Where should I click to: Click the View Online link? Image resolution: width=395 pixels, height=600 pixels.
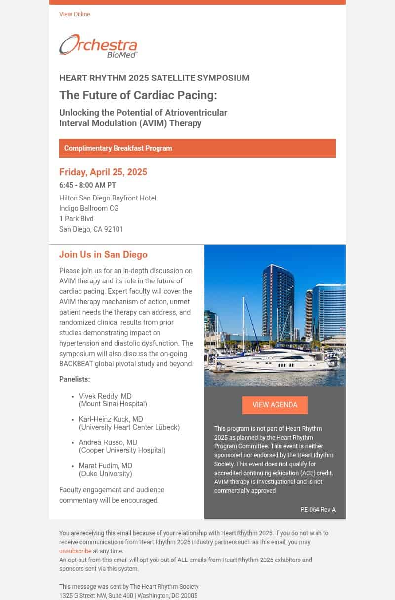(75, 14)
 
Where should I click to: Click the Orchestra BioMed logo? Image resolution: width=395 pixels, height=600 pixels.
(99, 46)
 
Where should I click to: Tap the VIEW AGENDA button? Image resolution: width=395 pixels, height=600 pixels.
(275, 405)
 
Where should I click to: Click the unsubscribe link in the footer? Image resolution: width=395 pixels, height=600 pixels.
(75, 551)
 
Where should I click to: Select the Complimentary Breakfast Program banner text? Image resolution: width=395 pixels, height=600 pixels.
(118, 148)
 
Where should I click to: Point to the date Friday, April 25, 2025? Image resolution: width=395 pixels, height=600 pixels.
(103, 172)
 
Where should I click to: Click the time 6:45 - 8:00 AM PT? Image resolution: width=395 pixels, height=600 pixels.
(87, 185)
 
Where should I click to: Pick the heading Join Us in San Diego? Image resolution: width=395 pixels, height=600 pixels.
(103, 255)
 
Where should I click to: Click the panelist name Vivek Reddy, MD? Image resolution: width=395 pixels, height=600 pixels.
(105, 396)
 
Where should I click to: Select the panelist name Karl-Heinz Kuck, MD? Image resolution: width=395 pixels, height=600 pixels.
(111, 419)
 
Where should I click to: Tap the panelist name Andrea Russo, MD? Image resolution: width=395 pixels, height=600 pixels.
(108, 442)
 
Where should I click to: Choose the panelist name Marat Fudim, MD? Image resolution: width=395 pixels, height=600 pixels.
(106, 466)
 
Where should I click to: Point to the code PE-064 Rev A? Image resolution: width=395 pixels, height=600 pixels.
(317, 510)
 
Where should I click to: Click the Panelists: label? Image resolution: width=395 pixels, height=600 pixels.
(75, 379)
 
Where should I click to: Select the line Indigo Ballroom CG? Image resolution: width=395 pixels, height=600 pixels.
(89, 208)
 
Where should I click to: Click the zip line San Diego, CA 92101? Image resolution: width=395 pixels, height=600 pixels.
(91, 229)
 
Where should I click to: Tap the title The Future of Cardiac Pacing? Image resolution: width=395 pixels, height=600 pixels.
(138, 95)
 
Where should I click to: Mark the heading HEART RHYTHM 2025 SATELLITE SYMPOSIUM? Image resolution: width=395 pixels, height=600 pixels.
(154, 78)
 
